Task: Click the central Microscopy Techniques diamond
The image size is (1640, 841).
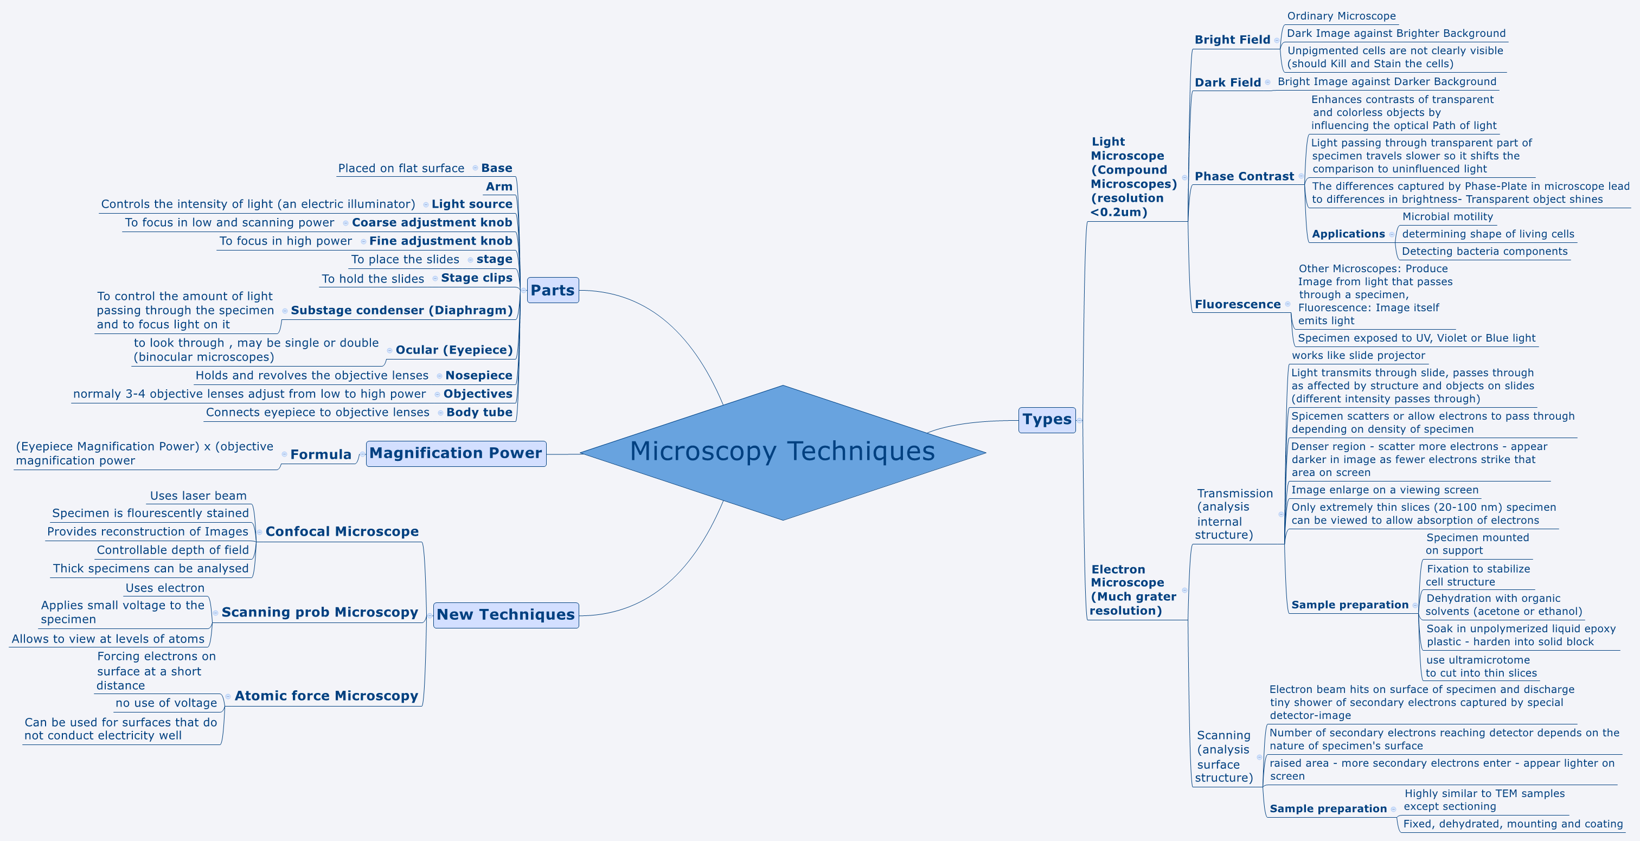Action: coord(783,452)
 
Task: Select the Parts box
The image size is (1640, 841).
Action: coord(553,290)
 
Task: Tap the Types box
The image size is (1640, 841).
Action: coord(1047,420)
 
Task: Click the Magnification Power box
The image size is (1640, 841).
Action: coord(456,453)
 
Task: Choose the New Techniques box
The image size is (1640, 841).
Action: coord(505,615)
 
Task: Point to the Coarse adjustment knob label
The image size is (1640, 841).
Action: coord(432,222)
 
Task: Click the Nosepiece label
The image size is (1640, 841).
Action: coord(479,376)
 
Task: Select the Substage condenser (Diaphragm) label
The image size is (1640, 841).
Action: coord(401,310)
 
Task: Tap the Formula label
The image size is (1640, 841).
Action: coord(321,454)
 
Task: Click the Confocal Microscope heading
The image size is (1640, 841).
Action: coord(342,531)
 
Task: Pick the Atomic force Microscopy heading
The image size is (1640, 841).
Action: coord(326,696)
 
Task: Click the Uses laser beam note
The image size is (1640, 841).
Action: coord(198,496)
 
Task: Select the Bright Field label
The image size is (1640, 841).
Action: coord(1232,40)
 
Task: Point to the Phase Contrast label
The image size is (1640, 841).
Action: coord(1244,176)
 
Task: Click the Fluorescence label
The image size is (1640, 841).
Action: coord(1237,304)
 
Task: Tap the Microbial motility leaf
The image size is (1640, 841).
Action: coord(1447,216)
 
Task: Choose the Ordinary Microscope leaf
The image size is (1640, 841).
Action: coord(1341,16)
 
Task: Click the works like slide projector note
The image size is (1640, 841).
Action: coord(1358,355)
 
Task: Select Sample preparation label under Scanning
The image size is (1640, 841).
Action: coord(1328,808)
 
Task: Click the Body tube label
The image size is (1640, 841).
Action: coord(479,413)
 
